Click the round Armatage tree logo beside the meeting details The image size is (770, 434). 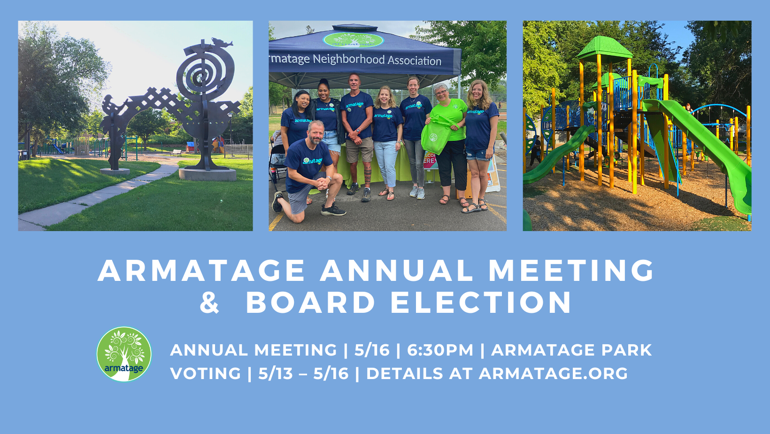[124, 354]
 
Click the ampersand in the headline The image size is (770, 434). [209, 302]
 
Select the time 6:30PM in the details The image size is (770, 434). [440, 350]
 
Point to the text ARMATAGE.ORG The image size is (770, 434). [553, 373]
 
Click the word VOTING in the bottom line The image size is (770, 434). [206, 373]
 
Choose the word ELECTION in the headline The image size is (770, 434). [481, 302]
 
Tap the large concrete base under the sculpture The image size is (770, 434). [207, 174]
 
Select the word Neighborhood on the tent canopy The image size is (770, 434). [348, 60]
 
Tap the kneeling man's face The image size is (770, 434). [315, 133]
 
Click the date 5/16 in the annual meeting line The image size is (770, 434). [372, 350]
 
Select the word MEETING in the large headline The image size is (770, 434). [571, 271]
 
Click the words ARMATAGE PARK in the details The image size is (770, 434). [571, 350]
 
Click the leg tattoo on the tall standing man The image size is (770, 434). [368, 175]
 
